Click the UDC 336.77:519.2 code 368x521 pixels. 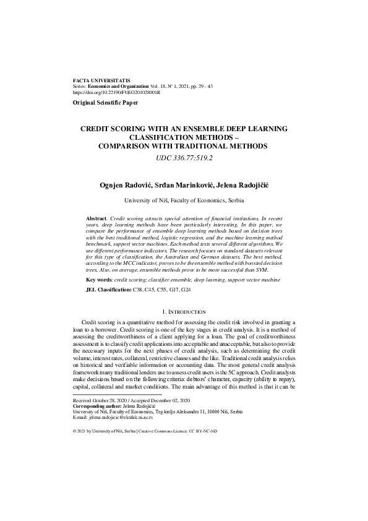click(184, 158)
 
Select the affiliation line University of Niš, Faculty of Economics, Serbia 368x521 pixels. click(184, 200)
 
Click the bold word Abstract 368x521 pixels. click(95, 219)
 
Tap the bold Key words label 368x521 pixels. click(99, 280)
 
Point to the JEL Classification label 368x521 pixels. click(108, 290)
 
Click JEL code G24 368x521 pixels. click(186, 290)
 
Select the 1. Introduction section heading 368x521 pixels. click(184, 311)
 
